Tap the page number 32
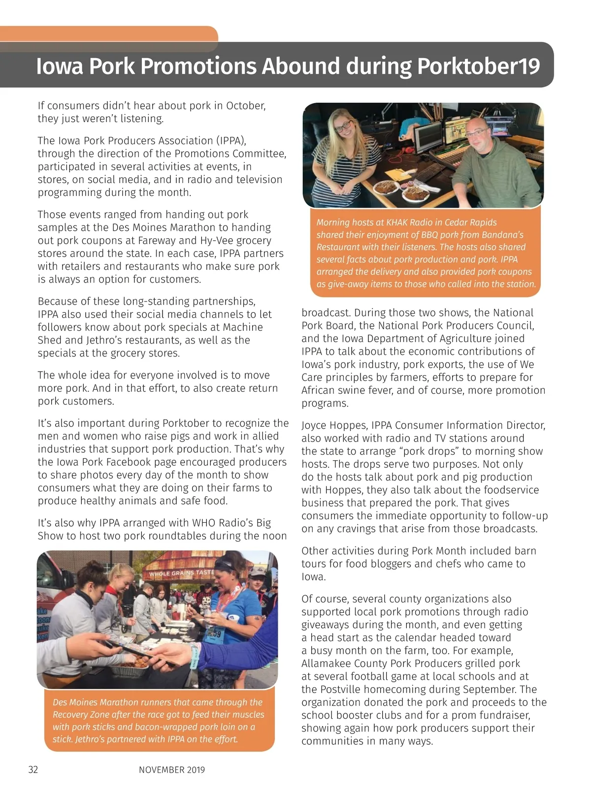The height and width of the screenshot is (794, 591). (33, 770)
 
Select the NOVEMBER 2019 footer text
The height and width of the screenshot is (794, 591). (172, 770)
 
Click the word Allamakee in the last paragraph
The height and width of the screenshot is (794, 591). (326, 664)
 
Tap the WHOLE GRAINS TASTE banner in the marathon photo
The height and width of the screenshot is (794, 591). (181, 573)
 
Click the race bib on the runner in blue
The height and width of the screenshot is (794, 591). (213, 633)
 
